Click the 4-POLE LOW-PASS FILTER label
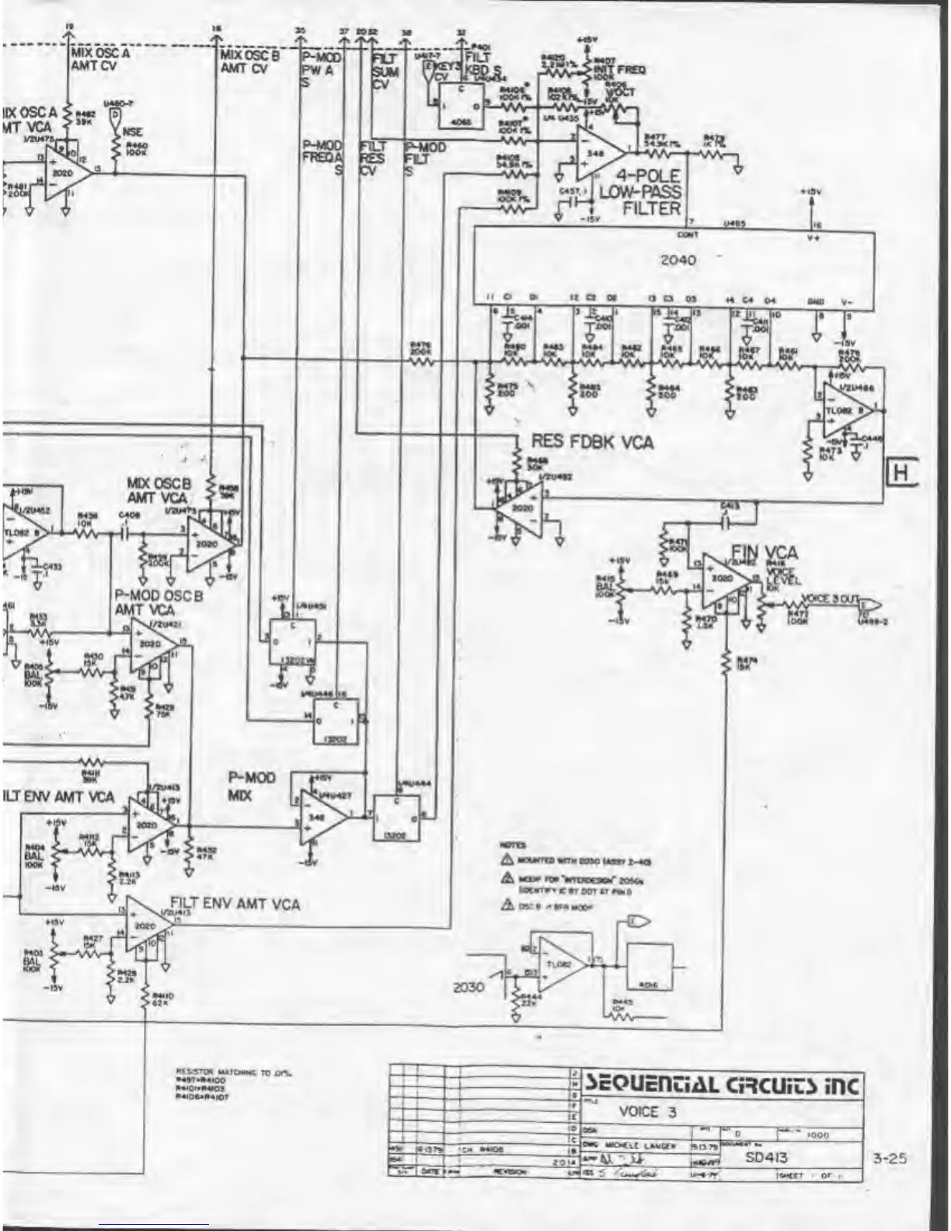639,191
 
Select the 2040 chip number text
678,260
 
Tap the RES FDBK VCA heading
592,442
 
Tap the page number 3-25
889,1158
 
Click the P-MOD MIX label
251,786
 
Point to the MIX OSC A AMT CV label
100,60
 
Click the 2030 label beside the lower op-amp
469,987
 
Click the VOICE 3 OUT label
830,598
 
